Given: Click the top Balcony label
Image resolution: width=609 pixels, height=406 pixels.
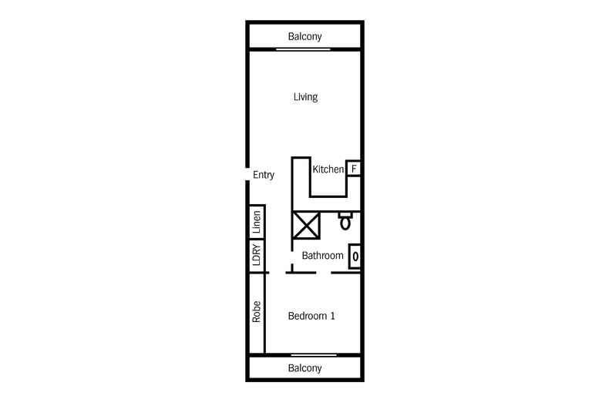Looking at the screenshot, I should pos(304,36).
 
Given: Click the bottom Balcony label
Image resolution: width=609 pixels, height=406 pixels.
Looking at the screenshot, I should pos(304,368).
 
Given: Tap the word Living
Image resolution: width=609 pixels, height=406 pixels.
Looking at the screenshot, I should pos(305,97).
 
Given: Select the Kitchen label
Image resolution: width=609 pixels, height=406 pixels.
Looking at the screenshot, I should pos(328,169).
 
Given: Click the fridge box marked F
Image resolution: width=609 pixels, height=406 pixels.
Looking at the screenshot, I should pos(354,168).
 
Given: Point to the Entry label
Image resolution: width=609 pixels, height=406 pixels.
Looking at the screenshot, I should pos(264,175).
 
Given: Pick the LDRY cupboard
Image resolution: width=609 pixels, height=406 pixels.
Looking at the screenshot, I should pos(257,256).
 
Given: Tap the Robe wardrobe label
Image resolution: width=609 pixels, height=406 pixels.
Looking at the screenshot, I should pos(257,311).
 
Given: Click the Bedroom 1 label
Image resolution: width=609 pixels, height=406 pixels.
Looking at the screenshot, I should pos(311,316).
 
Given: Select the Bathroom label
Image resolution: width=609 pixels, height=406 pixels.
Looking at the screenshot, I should pos(322,255).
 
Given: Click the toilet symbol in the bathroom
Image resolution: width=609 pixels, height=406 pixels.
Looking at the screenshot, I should pos(346,222).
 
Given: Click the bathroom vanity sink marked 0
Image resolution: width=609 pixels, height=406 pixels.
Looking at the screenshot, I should pos(355,256).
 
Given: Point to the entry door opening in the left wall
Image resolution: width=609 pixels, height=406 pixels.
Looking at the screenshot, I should pos(247,175).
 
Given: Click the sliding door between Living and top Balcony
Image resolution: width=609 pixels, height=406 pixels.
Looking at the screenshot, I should pos(304,49).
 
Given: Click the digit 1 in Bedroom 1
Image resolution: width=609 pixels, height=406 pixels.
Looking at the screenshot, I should pos(332,316).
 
